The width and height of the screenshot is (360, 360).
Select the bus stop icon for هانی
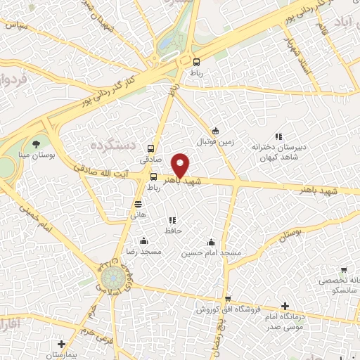point(139,205)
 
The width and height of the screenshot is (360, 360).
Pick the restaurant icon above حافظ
point(172,220)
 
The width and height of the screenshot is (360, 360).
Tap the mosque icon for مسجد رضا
point(143,240)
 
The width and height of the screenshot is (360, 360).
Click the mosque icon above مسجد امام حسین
point(212,242)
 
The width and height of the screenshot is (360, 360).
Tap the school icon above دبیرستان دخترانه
point(278,136)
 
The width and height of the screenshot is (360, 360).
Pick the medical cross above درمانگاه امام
point(284,306)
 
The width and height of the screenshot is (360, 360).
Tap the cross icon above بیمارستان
point(63,345)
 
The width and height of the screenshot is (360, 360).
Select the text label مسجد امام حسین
point(212,252)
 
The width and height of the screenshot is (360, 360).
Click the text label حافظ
point(173,231)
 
